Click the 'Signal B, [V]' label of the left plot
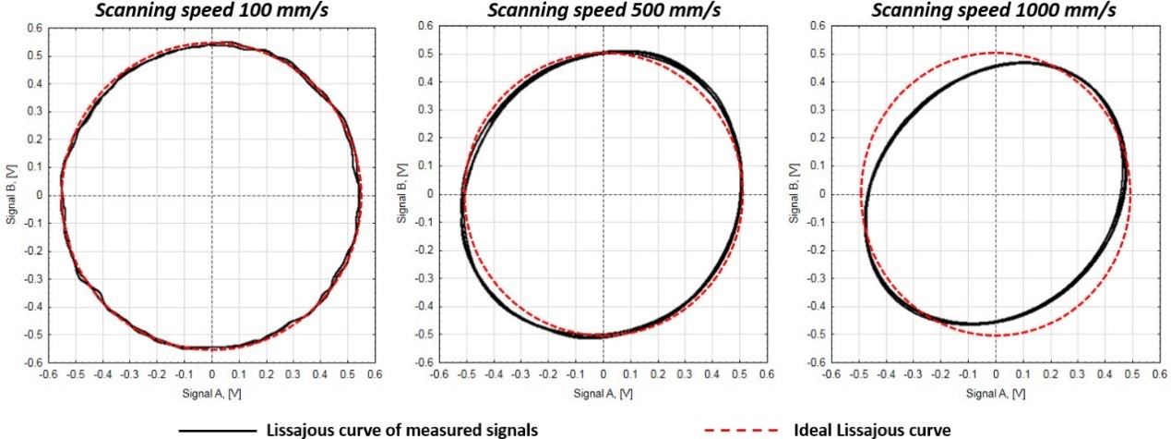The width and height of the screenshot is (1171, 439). click(x=12, y=195)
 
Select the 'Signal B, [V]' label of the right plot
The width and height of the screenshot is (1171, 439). click(x=795, y=194)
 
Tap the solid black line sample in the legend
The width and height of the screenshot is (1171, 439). click(x=216, y=430)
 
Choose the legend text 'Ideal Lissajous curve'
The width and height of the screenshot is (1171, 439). click(x=872, y=430)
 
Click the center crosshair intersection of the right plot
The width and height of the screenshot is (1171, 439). click(x=996, y=194)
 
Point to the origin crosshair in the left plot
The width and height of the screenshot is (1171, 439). click(x=211, y=195)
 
